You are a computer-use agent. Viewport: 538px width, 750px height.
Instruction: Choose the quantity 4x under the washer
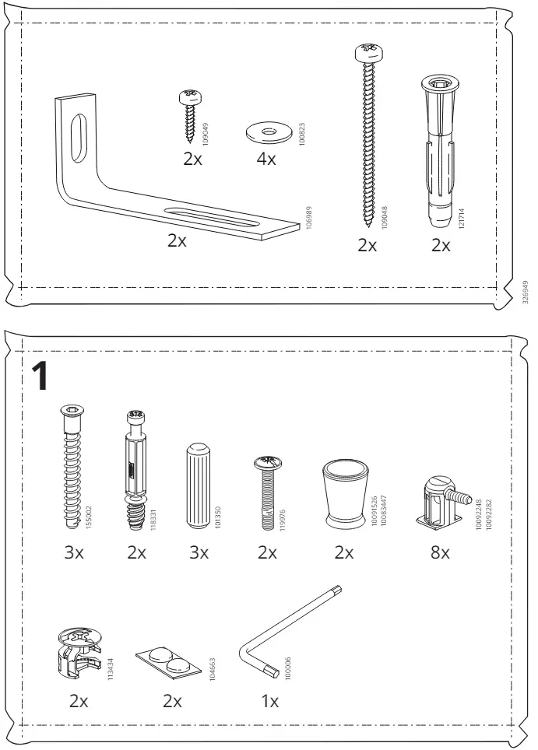[266, 159]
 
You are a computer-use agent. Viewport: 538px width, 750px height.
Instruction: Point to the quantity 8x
[440, 552]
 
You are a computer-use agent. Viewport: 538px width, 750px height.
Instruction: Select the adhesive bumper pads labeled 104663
[168, 662]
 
